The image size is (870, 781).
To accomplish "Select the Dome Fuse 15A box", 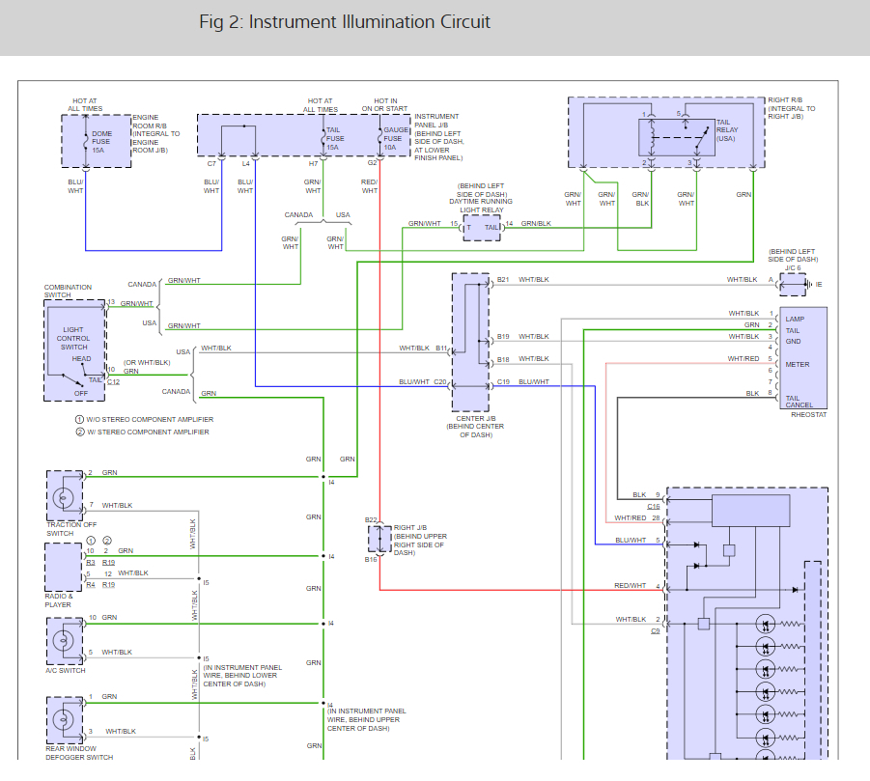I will coord(97,141).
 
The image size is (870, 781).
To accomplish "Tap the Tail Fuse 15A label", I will coord(333,142).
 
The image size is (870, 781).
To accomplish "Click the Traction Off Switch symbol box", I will coord(65,496).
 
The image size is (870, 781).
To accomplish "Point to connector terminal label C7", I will coord(211,164).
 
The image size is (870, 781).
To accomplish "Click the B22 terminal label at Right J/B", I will coord(371,520).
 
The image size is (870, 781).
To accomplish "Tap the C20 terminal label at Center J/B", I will coord(440,381).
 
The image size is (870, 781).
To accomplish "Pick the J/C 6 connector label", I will coord(793,267).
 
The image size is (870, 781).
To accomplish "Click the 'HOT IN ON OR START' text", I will coord(386,104).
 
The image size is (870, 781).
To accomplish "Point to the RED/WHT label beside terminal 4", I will coord(631,585).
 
